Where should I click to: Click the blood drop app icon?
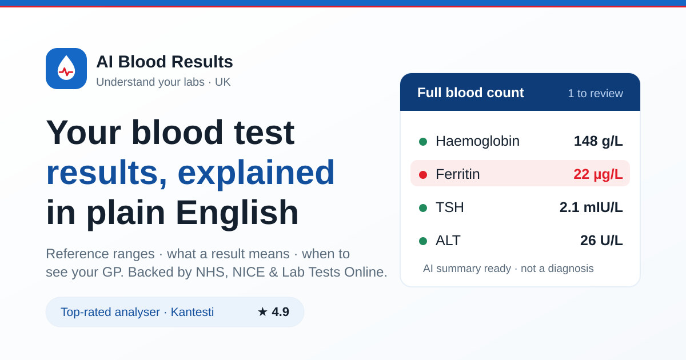pos(66,69)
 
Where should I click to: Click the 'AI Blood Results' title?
pos(165,62)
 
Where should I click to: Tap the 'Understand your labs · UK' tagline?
pos(163,82)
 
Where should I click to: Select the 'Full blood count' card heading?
pos(470,93)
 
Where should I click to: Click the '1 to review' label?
pos(595,93)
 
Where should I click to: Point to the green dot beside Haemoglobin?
pos(423,142)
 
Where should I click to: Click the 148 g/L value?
pos(598,141)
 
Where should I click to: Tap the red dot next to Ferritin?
pos(423,174)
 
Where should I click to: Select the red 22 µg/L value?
pos(598,174)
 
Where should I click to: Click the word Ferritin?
pos(457,174)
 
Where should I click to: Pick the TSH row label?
pos(449,207)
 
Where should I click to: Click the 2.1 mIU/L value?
pos(591,207)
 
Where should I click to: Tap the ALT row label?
pos(448,241)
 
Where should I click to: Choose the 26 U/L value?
pos(601,241)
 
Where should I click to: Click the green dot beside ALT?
pos(423,241)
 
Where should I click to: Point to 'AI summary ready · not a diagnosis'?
pos(508,269)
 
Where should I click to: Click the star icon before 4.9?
pos(262,312)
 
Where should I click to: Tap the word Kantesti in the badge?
pos(192,312)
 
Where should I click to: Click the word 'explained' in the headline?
pos(256,173)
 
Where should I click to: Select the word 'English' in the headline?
pos(237,213)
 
